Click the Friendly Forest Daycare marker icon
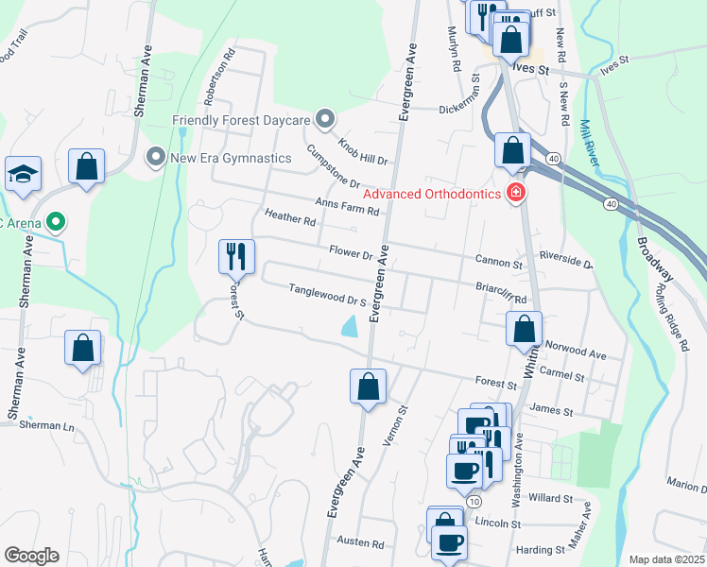tap(325, 120)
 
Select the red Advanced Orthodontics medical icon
tap(516, 195)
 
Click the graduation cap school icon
tap(23, 175)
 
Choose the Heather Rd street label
tap(290, 219)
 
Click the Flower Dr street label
tap(352, 253)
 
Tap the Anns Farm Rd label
tap(347, 205)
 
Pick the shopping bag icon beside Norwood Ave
tap(523, 330)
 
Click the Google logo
tap(31, 556)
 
